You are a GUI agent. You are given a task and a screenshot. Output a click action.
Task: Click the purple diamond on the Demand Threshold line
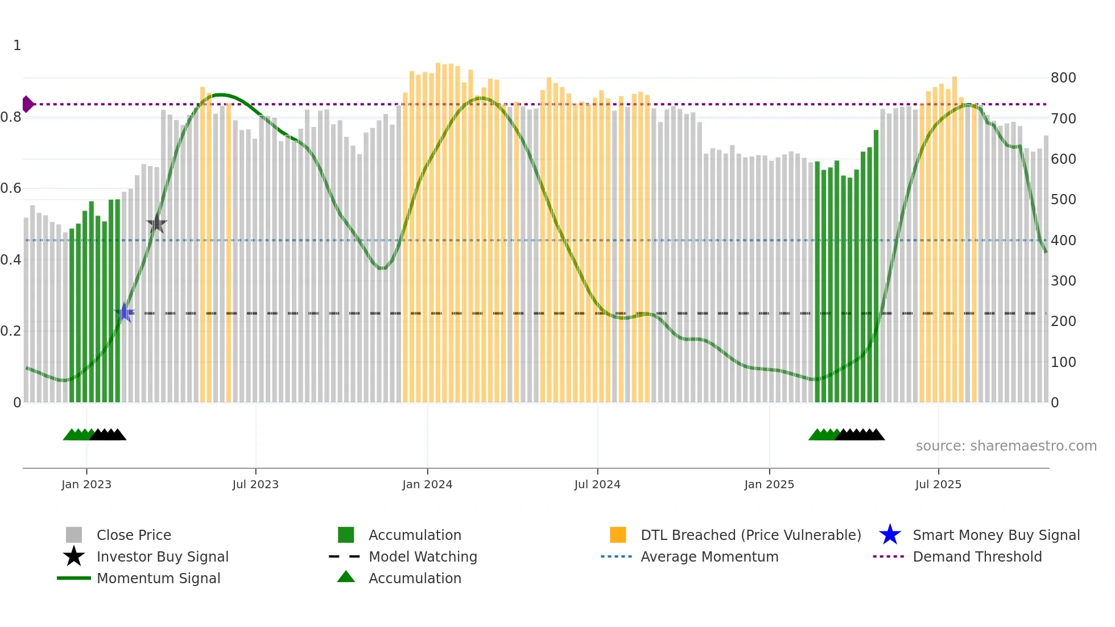[27, 104]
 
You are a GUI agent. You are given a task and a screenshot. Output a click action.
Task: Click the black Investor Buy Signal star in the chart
[156, 224]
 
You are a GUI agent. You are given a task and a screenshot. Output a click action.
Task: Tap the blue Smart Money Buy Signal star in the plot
[124, 312]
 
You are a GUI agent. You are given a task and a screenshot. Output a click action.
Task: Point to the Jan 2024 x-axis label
[427, 484]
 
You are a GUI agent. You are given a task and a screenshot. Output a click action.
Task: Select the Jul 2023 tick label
[255, 484]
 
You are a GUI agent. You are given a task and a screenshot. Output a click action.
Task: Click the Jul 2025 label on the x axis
[938, 484]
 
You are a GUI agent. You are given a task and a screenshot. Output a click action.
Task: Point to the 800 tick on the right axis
[1063, 78]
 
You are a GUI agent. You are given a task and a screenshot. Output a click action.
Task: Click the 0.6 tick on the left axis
[11, 188]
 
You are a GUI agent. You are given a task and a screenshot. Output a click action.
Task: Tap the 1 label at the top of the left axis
[17, 46]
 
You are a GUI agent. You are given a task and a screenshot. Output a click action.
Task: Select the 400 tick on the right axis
[1063, 240]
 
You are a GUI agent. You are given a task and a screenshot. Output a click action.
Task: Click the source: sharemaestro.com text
[1006, 446]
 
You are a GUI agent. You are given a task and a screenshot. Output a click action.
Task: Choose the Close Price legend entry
[134, 535]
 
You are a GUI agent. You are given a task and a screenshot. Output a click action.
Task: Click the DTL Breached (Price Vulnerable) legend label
[750, 535]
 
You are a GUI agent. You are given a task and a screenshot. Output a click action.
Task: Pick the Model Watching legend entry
[423, 556]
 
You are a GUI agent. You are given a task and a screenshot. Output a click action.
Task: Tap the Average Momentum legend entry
[709, 556]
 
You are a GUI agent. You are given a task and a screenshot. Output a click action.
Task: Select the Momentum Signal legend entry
[158, 578]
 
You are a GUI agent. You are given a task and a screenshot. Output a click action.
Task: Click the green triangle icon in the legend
[346, 577]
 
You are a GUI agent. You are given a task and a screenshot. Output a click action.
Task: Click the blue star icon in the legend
[890, 535]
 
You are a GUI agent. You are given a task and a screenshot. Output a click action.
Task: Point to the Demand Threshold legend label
[977, 556]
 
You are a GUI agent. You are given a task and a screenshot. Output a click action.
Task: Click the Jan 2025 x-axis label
[769, 484]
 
